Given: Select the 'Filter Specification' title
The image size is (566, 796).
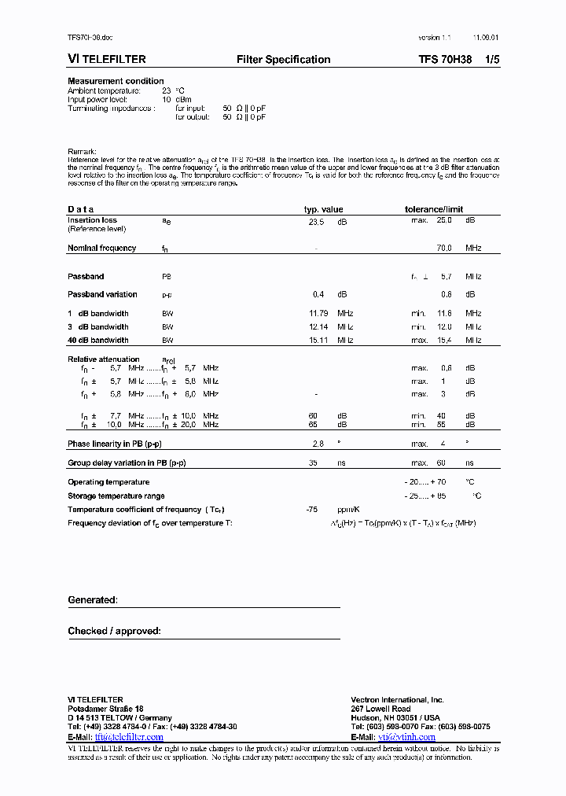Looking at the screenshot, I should (x=283, y=60).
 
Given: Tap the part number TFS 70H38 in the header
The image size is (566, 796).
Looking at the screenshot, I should (x=445, y=60).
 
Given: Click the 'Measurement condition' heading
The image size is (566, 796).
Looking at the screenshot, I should (x=116, y=81).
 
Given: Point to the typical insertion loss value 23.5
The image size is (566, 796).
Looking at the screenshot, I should (x=316, y=222).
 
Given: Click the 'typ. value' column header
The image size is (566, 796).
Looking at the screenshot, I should (x=324, y=209).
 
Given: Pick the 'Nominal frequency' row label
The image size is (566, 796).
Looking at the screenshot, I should (x=101, y=248).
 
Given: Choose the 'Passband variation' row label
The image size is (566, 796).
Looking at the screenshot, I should (x=102, y=295).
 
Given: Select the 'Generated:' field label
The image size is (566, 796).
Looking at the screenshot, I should (x=92, y=600).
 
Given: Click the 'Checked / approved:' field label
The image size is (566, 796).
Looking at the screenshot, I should (x=114, y=631).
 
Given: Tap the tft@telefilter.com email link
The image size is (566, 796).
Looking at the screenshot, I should (x=128, y=737).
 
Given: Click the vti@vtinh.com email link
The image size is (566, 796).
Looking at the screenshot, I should (x=406, y=737).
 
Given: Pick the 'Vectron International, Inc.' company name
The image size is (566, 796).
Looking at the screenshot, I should (x=397, y=699).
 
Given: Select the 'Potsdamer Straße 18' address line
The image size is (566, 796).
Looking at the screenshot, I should (x=105, y=709).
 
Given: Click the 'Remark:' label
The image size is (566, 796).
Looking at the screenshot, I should (x=82, y=151).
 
